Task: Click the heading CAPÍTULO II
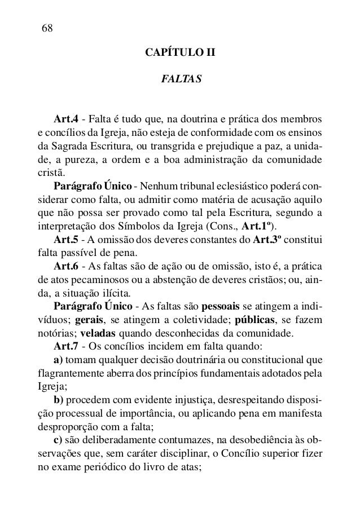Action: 180,54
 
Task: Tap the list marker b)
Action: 59,400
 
